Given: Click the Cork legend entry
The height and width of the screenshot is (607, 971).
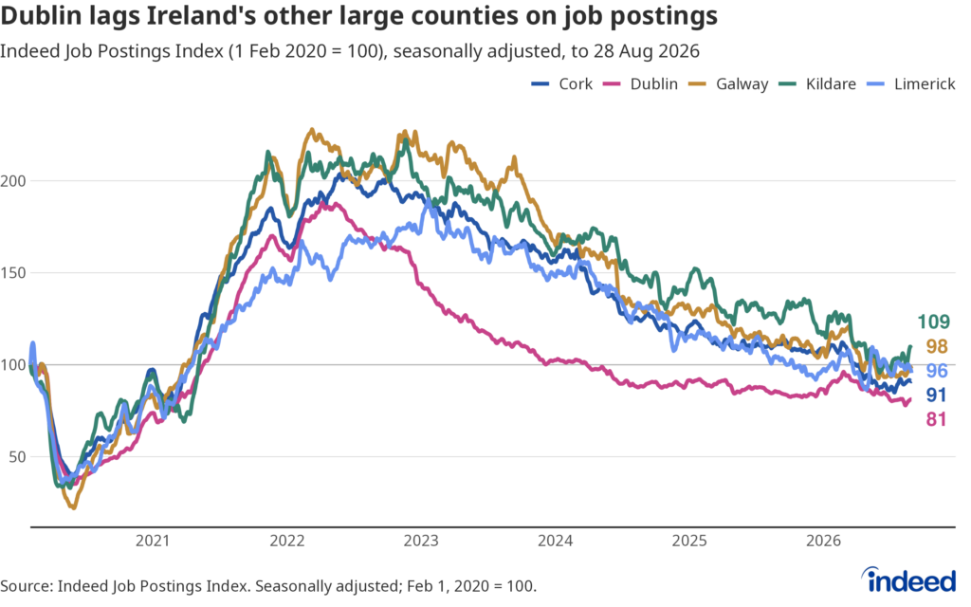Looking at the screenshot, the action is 561,84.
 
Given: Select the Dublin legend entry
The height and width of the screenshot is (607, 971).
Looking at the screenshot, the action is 640,84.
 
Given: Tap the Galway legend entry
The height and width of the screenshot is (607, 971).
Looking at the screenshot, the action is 728,84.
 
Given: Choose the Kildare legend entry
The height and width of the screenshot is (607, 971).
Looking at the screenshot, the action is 817,84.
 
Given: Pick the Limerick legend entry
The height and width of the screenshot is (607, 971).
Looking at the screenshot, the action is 910,84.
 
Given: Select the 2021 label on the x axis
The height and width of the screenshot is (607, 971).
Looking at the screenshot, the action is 153,541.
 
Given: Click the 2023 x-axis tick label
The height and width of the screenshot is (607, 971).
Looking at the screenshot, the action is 421,541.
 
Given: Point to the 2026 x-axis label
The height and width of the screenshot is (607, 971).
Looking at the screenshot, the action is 824,541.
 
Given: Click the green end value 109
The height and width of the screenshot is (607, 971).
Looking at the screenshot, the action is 933,322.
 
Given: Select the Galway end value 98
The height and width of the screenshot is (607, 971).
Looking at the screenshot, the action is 937,347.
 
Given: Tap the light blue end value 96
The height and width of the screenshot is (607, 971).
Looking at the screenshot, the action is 937,371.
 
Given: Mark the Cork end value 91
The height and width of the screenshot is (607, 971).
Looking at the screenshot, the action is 936,395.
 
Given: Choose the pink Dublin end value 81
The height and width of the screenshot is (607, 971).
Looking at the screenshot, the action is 936,420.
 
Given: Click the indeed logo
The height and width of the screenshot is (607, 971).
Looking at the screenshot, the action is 909,580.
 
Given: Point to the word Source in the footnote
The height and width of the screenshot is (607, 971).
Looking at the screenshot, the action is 26,586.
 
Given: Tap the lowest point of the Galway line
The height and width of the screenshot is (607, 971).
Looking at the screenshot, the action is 74,508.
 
